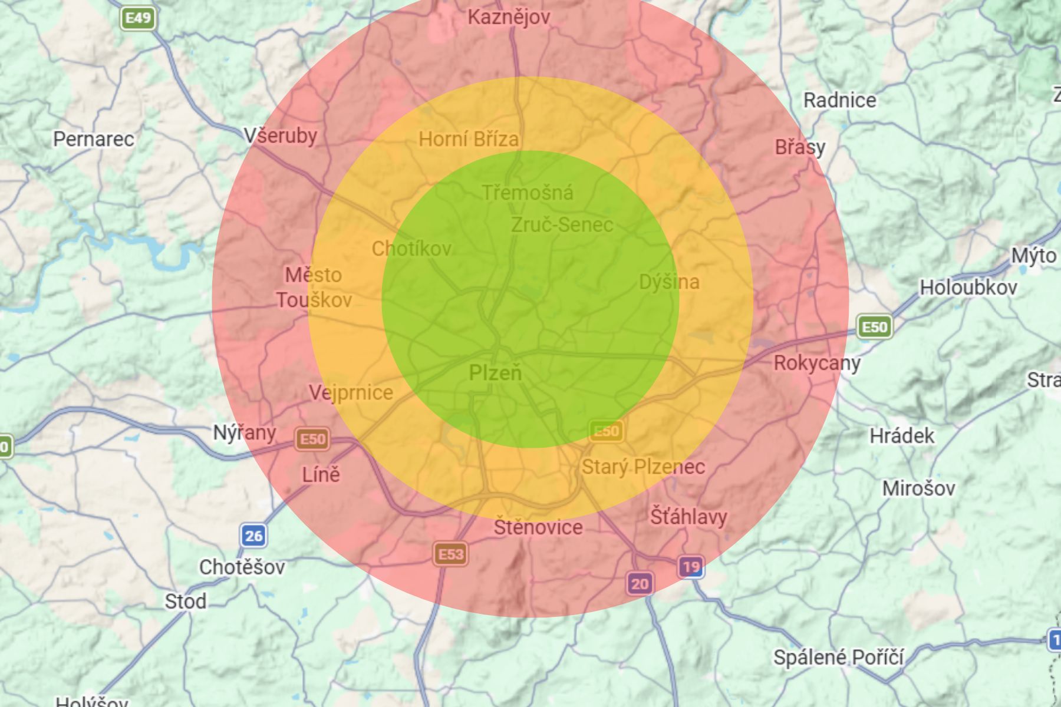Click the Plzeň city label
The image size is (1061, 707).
(495, 372)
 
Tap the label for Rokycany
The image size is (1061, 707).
(817, 363)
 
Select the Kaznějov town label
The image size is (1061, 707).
(509, 17)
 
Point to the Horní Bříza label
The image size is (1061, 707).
(469, 139)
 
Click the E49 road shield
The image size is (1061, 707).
(139, 18)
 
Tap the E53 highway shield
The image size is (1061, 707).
(451, 554)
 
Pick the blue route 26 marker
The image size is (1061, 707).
(253, 536)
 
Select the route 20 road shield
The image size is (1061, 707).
(640, 584)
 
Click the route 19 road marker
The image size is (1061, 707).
(691, 567)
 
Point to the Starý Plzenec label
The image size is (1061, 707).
(643, 467)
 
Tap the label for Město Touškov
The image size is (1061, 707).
(314, 288)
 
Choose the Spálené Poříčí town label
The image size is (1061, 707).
(838, 657)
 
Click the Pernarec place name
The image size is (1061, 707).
(94, 139)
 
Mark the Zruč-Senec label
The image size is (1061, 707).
(562, 224)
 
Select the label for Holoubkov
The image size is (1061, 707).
(968, 288)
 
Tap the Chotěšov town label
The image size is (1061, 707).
(242, 567)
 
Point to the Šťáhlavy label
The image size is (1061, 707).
(688, 517)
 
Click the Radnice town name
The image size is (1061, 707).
(839, 100)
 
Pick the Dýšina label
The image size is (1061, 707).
(669, 282)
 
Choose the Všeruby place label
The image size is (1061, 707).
(281, 136)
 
